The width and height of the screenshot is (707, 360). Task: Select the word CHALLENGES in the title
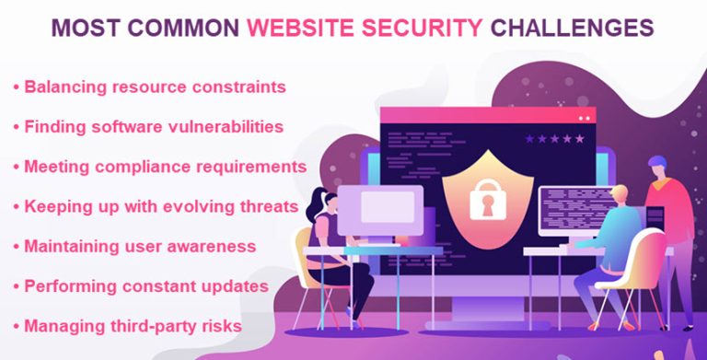click(572, 29)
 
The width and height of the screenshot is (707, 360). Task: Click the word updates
click(235, 285)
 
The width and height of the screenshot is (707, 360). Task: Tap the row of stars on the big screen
click(554, 139)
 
